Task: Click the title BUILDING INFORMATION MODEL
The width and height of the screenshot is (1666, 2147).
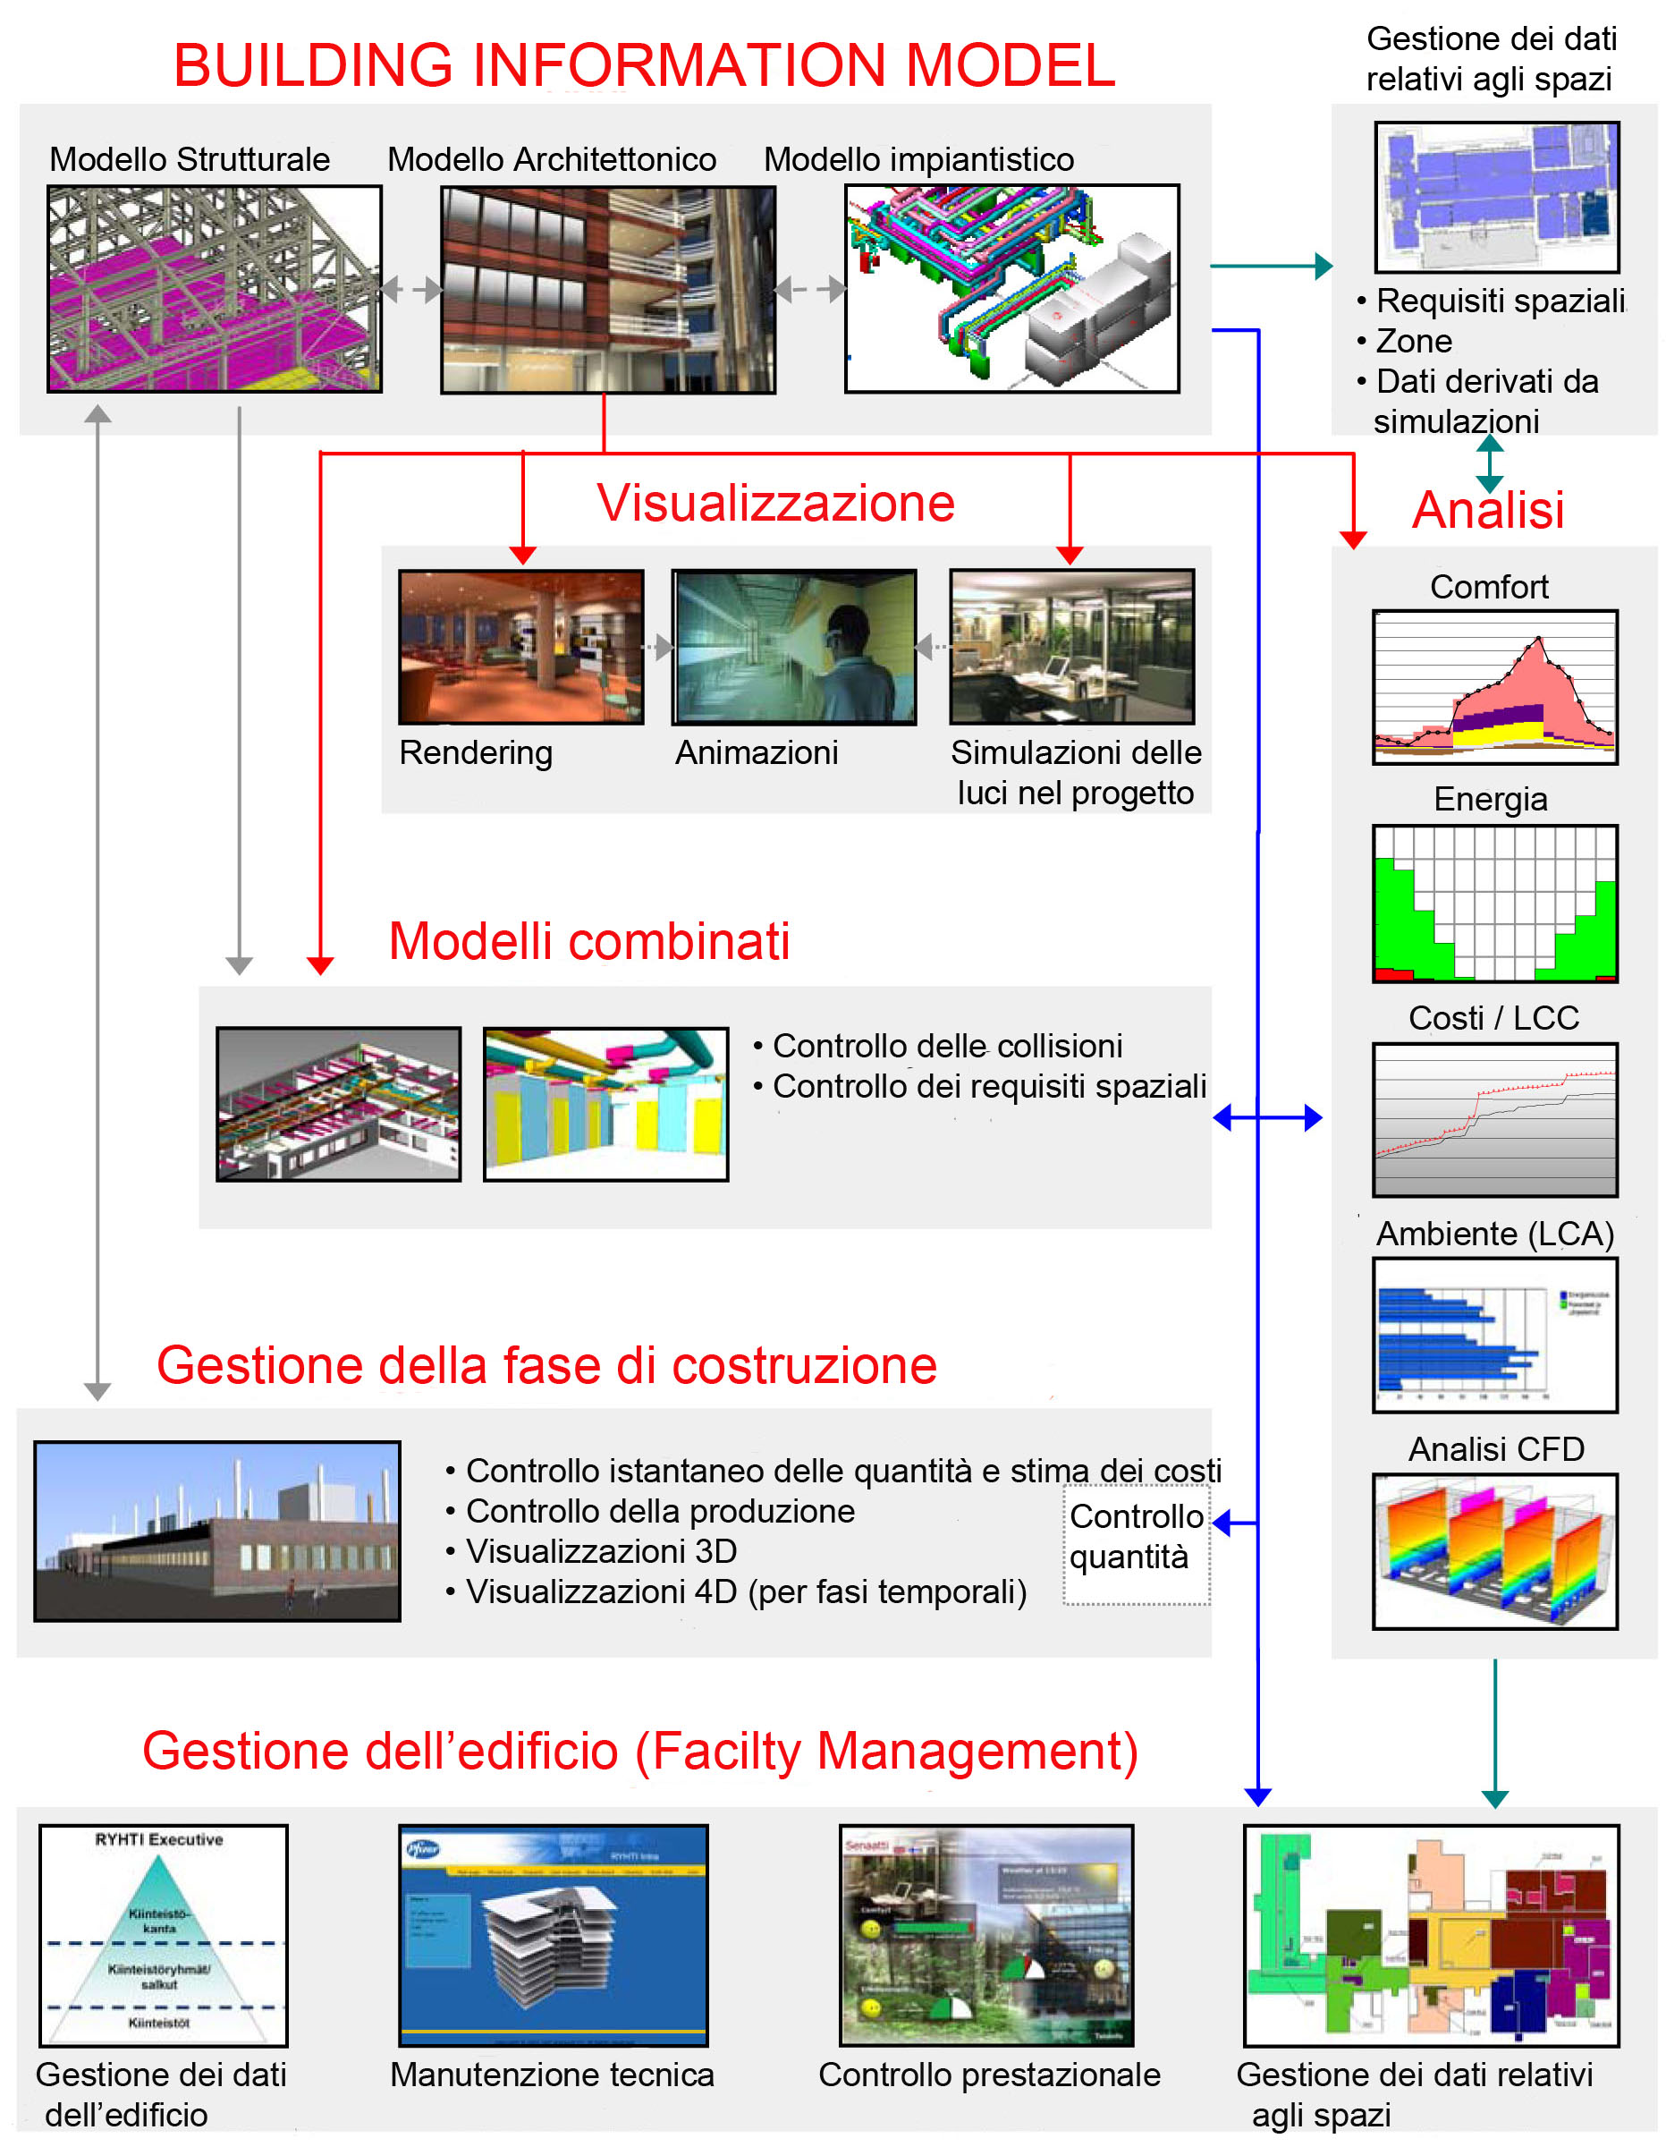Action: pos(644,65)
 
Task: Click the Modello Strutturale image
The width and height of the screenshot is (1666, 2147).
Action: pos(215,289)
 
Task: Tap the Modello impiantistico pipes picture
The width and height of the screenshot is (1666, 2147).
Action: pos(1011,289)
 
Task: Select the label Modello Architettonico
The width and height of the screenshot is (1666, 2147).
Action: pos(552,159)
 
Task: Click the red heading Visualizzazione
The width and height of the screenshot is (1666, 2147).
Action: pos(775,504)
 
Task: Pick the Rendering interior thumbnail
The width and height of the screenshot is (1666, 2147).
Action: pos(521,647)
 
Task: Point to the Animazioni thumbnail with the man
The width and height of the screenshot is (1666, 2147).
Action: pos(794,647)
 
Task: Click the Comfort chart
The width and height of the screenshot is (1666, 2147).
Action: pos(1494,687)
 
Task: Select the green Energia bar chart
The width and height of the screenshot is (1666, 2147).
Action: pos(1494,904)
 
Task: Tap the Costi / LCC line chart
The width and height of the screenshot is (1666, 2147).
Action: pos(1494,1120)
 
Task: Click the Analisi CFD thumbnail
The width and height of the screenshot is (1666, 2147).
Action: pos(1494,1550)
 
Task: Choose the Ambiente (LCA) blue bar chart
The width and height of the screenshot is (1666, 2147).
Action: pos(1494,1334)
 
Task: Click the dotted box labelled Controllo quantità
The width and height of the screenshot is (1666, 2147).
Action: pos(1137,1537)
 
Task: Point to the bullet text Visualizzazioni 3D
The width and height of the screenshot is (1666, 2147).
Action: pos(601,1551)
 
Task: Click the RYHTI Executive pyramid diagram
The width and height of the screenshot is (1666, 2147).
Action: pos(163,1935)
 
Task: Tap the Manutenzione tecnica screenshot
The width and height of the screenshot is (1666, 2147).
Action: pos(553,1935)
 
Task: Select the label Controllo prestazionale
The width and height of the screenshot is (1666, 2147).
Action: pos(989,2075)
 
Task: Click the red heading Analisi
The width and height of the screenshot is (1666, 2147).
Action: pos(1487,510)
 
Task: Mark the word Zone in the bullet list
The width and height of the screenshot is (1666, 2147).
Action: pos(1414,341)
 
